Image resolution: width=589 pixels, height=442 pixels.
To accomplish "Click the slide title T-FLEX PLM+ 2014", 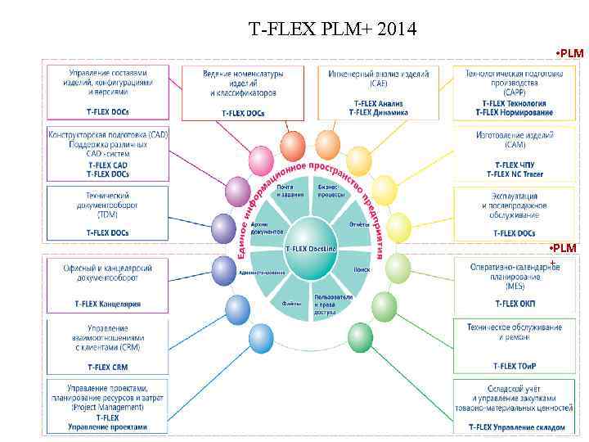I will coord(332,31).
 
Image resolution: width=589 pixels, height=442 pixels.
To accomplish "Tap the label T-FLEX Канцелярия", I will coord(107,304).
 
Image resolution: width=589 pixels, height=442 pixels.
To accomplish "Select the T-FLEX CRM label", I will coord(107,368).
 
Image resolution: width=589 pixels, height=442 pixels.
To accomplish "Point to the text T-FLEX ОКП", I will coord(515,304).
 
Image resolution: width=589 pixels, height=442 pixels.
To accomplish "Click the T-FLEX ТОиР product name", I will coord(515,367).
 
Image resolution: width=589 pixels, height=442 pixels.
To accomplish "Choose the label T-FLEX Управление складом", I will coord(516,427).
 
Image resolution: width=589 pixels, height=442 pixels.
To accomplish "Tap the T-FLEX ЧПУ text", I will coord(515,164).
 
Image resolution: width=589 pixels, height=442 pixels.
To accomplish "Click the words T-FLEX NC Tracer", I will coord(515,174).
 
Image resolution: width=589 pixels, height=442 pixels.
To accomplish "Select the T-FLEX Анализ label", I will coord(378,103).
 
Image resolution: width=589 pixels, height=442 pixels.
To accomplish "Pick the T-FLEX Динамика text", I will coord(378,112).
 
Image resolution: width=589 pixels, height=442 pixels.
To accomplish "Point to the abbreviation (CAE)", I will coord(378,83).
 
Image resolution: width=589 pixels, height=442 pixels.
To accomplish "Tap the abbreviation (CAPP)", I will coord(515,92).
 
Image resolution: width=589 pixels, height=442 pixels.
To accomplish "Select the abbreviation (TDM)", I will coord(107,214).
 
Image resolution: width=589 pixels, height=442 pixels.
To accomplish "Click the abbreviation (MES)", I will coord(515,286).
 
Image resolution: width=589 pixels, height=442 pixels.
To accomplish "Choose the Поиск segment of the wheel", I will coord(362,268).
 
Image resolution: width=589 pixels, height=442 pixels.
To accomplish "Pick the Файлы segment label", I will coord(291,303).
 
